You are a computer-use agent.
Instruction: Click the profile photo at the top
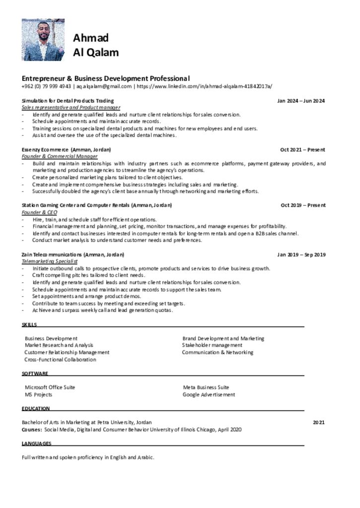43,40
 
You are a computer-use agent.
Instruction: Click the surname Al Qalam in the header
96,53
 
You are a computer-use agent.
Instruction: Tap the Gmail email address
103,86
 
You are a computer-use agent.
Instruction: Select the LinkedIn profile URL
204,86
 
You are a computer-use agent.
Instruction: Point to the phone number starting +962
46,86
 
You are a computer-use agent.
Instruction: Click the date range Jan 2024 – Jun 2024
301,101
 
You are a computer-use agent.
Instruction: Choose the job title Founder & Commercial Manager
60,156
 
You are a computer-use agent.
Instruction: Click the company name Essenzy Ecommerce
45,149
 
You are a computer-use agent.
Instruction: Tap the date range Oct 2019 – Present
303,205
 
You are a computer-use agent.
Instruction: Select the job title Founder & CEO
39,212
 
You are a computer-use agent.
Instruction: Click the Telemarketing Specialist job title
50,261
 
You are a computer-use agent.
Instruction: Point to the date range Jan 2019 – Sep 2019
301,254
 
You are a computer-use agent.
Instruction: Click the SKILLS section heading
29,324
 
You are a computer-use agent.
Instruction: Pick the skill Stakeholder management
212,345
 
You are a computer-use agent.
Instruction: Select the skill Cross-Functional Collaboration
60,359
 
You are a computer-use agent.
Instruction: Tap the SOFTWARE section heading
35,373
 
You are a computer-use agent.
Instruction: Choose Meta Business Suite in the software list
206,387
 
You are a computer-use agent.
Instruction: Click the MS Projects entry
38,394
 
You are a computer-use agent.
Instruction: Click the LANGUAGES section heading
36,443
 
